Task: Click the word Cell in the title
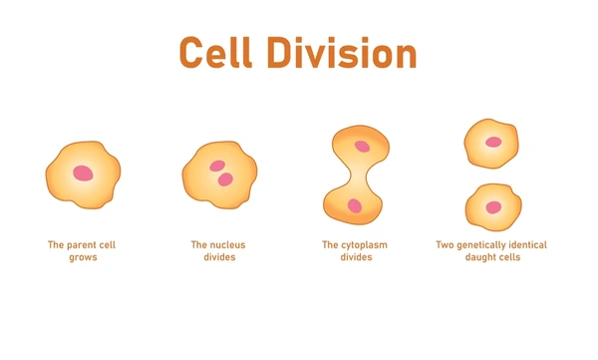[221, 52]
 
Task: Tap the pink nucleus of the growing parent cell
[83, 175]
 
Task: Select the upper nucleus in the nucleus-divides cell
[216, 167]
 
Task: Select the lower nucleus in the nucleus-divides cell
[226, 180]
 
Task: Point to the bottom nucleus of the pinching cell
[354, 205]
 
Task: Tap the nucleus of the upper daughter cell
[493, 142]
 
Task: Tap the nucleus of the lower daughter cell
[493, 207]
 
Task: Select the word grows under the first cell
[83, 257]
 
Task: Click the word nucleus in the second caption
[226, 244]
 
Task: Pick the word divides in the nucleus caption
[217, 257]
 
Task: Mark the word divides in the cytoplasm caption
[354, 257]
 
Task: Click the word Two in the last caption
[446, 244]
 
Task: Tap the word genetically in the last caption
[485, 244]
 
